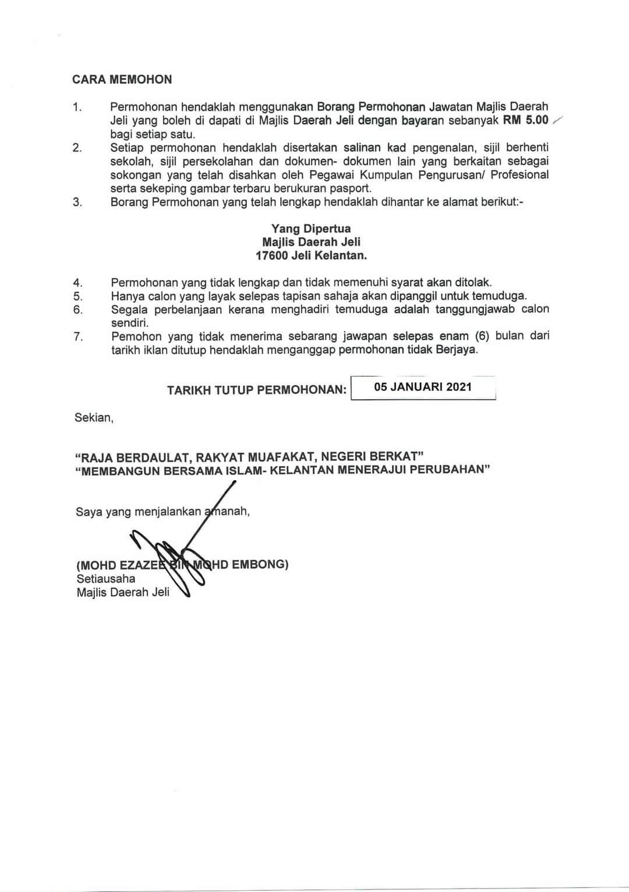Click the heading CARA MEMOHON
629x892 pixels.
pos(122,79)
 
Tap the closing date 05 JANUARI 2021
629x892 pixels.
pos(423,387)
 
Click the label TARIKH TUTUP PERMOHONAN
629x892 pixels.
pos(256,390)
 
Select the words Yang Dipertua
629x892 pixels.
pos(311,228)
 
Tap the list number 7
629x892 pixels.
pos(78,337)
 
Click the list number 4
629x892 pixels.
pos(78,283)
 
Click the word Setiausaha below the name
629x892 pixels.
pos(105,579)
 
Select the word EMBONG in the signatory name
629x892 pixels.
pos(260,564)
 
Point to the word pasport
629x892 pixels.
pos(352,188)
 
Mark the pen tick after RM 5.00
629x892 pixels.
pos(557,120)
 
